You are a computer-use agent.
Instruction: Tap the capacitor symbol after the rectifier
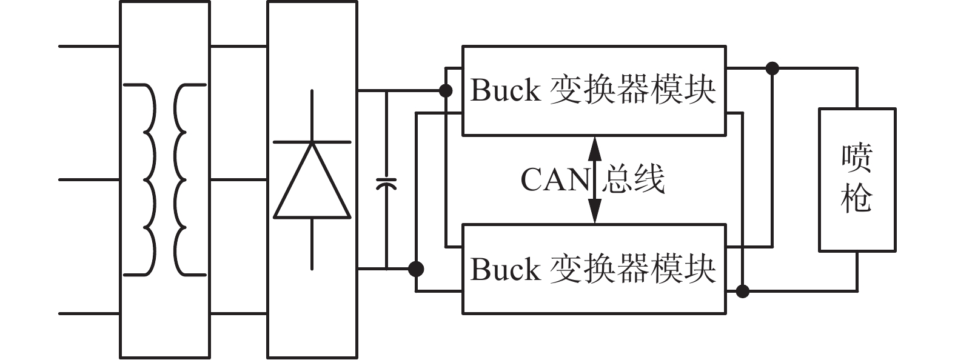386,183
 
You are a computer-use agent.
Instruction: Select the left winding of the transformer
149,180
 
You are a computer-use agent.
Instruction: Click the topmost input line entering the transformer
89,45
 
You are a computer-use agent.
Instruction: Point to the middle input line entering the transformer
89,179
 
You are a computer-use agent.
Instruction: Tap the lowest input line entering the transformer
89,314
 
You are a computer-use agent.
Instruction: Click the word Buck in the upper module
505,90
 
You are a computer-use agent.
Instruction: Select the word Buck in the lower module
505,269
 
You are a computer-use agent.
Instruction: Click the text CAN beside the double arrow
554,180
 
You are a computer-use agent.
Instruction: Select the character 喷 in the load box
856,157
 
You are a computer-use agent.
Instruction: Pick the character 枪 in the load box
856,198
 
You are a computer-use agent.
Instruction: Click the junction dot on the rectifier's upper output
446,91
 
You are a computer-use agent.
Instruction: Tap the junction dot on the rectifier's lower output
416,268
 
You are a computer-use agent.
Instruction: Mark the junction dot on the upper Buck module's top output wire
772,68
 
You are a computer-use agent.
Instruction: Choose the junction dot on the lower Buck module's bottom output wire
742,292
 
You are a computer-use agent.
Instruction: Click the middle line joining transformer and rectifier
238,179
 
